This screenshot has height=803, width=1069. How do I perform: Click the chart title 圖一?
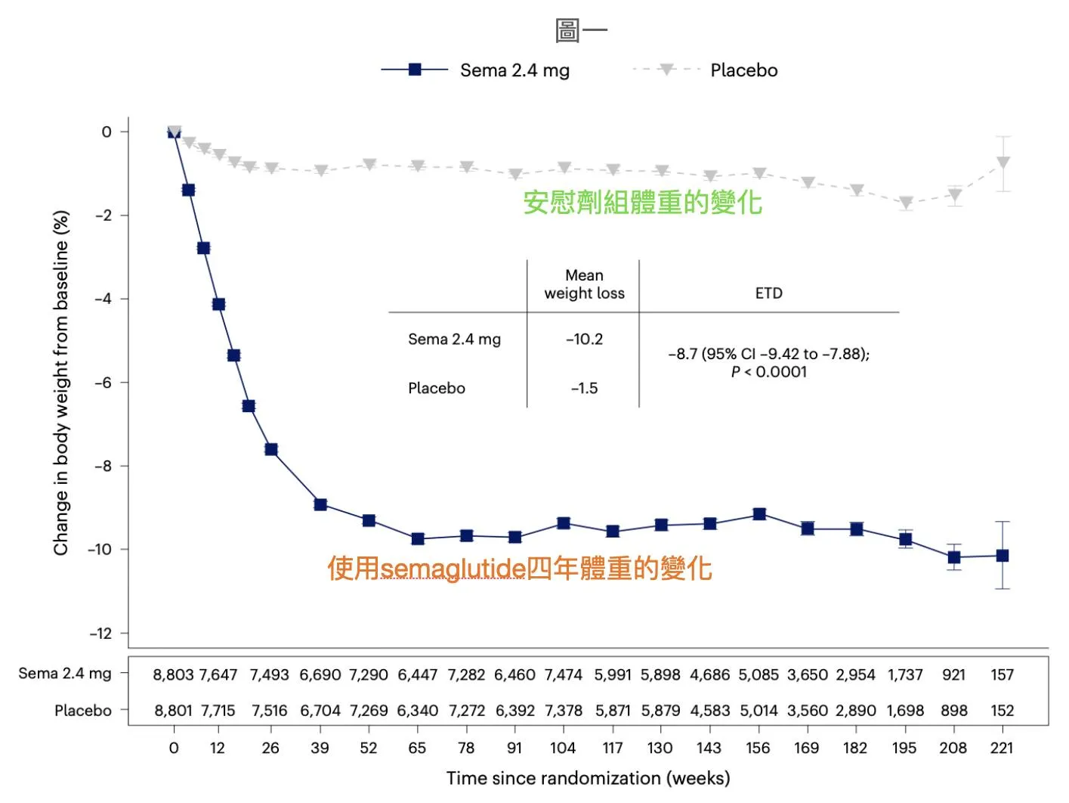pos(580,31)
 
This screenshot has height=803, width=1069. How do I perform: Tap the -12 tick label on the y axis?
pos(100,634)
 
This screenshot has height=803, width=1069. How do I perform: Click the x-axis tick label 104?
pos(562,748)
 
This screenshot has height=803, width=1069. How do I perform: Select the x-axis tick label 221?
pos(1002,748)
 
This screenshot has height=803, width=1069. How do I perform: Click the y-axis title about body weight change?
pos(61,383)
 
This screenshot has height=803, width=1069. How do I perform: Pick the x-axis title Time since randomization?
pos(588,778)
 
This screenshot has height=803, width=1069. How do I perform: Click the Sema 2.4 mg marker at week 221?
pos(1003,556)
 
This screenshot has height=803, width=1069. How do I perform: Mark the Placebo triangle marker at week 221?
pos(1003,163)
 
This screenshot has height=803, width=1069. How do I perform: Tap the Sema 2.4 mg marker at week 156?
pos(759,514)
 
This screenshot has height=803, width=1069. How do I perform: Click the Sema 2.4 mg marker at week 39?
pos(320,504)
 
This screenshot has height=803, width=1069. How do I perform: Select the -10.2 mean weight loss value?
pos(584,339)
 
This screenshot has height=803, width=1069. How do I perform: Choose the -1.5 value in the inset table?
pos(584,389)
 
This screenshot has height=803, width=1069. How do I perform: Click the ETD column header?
pos(768,293)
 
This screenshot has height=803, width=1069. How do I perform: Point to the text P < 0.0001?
pos(768,372)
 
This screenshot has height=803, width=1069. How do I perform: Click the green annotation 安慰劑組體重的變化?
pos(642,203)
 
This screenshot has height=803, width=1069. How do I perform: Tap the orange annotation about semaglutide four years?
pos(519,569)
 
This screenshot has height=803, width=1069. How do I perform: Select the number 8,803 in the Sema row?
pos(173,674)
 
